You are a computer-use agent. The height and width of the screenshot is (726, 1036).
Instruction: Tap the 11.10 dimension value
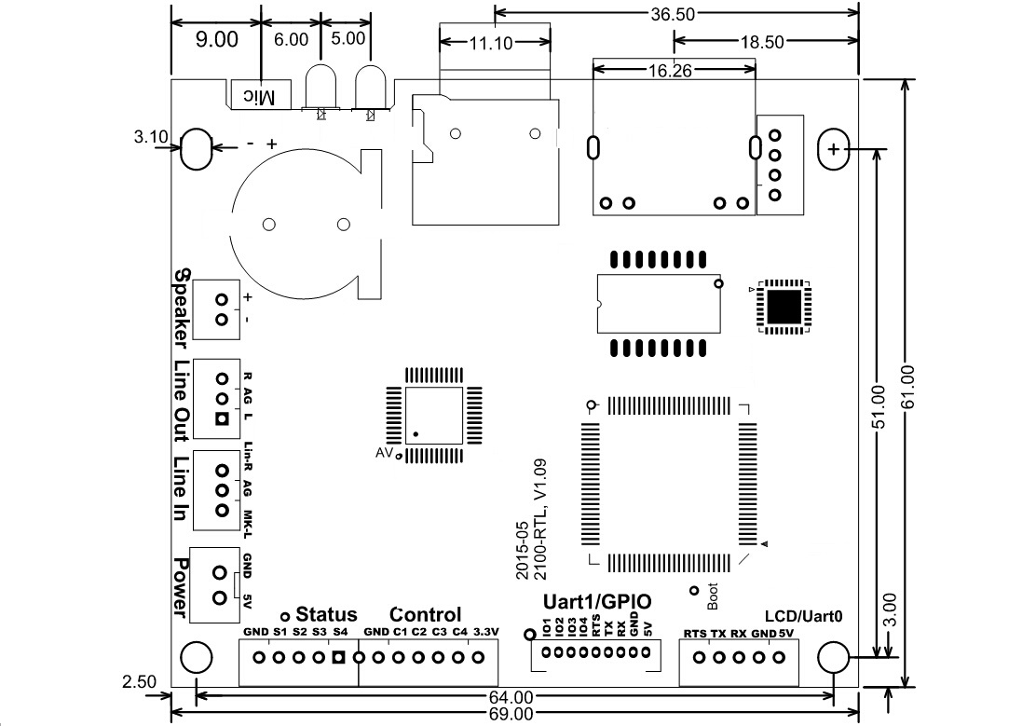point(497,42)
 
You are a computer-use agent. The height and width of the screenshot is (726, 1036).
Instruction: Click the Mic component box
point(260,95)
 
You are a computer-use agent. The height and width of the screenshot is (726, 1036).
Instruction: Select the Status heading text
point(326,615)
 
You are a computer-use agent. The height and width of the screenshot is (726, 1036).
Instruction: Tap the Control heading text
point(426,615)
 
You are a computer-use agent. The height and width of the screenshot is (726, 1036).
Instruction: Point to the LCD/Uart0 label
point(804,616)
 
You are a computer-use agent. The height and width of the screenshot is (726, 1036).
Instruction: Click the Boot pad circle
point(694,590)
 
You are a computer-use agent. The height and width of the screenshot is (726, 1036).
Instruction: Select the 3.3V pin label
point(486,633)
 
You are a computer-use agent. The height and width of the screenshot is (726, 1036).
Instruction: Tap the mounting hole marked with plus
point(833,149)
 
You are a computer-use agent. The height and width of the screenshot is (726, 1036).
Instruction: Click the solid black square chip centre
point(784,306)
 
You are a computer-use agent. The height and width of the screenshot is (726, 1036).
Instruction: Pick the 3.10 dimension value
point(151,137)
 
